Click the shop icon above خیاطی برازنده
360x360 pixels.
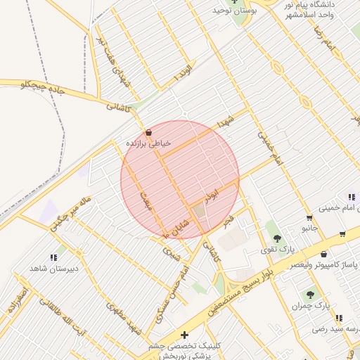pyautogui.click(x=148, y=132)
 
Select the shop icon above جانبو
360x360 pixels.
pyautogui.click(x=309, y=217)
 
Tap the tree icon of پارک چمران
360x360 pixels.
pyautogui.click(x=310, y=294)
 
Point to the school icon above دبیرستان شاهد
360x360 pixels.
pyautogui.click(x=54, y=257)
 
